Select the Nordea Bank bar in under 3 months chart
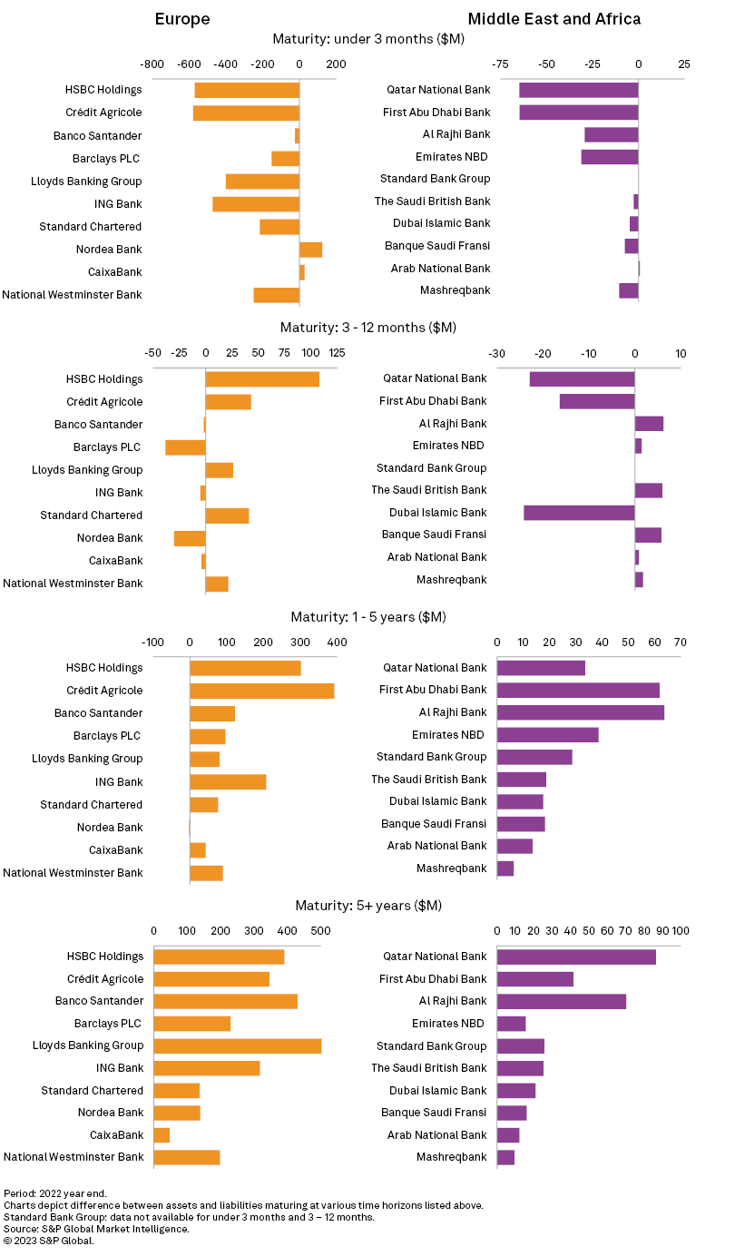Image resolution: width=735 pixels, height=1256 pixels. pyautogui.click(x=310, y=250)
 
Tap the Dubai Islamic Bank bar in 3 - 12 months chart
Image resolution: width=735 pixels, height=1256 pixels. pyautogui.click(x=579, y=513)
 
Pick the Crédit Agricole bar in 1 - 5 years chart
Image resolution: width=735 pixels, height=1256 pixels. pyautogui.click(x=261, y=691)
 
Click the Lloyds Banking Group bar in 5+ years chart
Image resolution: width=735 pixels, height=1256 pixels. pyautogui.click(x=237, y=1045)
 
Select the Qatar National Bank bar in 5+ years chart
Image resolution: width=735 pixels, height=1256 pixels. pyautogui.click(x=576, y=957)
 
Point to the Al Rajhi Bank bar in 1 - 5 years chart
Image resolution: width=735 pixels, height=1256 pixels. pyautogui.click(x=581, y=712)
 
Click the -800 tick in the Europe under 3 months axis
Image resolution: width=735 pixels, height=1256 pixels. pyautogui.click(x=152, y=64)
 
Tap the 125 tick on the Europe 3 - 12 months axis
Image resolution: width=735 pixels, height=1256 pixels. pyautogui.click(x=338, y=353)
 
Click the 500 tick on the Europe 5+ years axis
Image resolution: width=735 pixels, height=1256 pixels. pyautogui.click(x=320, y=930)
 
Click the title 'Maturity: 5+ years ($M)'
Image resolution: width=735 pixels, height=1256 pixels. pyautogui.click(x=368, y=906)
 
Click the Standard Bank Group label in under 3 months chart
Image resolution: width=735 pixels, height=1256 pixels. pyautogui.click(x=435, y=179)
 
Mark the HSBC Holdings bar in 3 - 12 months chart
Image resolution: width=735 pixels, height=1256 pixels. pyautogui.click(x=262, y=379)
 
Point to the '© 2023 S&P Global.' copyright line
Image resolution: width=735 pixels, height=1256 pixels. pyautogui.click(x=49, y=1241)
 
